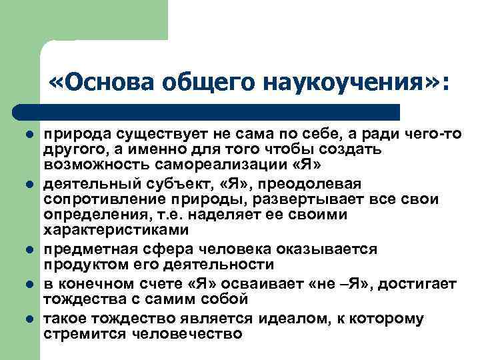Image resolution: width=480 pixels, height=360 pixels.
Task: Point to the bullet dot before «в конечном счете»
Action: pyautogui.click(x=29, y=285)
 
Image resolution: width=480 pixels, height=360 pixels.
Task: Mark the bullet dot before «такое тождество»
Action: pyautogui.click(x=29, y=319)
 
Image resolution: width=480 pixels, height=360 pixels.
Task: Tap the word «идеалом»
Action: pyautogui.click(x=283, y=319)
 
